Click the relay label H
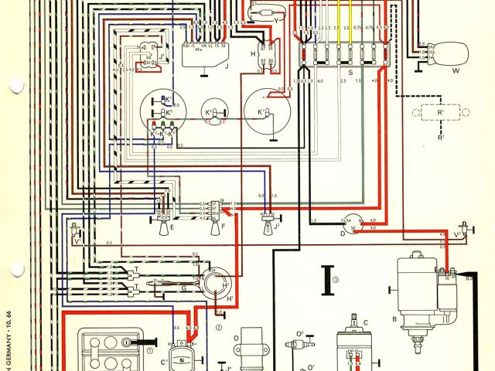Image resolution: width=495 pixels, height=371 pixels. [x=253, y=53]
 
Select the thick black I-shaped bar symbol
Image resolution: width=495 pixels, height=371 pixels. [x=328, y=276]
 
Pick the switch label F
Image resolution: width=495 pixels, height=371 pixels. [x=222, y=228]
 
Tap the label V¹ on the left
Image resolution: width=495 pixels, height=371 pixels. [x=77, y=243]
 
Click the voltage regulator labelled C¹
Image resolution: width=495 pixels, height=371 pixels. [x=184, y=355]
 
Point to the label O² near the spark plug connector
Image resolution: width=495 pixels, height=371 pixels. [x=300, y=334]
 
